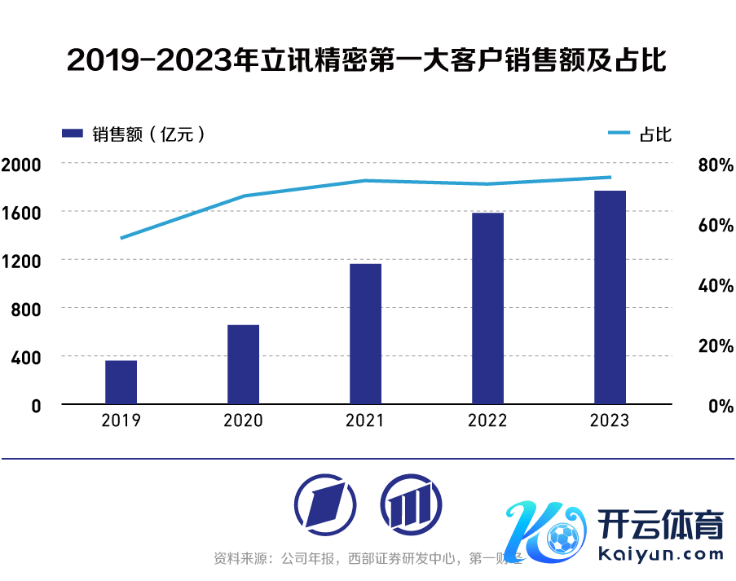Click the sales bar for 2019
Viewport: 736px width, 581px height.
coord(121,382)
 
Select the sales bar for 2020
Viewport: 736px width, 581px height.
coord(243,364)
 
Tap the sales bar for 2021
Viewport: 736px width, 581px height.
coord(365,334)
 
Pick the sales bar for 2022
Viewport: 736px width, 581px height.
coord(487,309)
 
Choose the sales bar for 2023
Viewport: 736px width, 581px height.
coord(610,297)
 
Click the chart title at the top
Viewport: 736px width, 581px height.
coord(367,60)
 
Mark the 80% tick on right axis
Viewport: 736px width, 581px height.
coord(716,165)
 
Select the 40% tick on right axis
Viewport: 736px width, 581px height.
coord(716,285)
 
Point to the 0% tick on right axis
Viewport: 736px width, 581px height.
coord(720,405)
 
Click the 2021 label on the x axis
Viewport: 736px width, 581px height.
coord(365,420)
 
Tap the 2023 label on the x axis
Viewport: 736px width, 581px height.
coord(610,420)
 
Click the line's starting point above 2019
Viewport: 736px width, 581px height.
coord(121,238)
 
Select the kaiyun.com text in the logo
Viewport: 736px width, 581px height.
coord(661,555)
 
